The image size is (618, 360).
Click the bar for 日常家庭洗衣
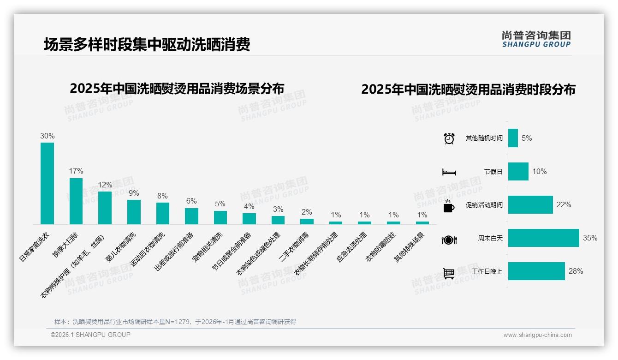(x=47, y=183)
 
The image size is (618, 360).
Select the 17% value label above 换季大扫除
(x=76, y=171)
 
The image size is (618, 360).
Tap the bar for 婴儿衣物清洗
(x=134, y=212)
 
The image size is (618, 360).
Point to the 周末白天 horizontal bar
(x=543, y=238)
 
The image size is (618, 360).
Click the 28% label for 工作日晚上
(x=576, y=271)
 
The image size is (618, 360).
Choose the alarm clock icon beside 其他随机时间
(x=449, y=138)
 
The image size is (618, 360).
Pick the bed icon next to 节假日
(x=449, y=172)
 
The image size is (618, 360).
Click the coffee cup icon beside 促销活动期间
(x=449, y=206)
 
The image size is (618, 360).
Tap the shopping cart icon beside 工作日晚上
(x=449, y=273)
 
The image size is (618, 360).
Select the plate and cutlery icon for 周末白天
(x=449, y=240)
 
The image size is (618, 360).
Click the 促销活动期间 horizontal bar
(x=530, y=205)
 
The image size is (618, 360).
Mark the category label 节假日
(x=493, y=172)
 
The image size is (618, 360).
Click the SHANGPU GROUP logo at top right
(x=536, y=39)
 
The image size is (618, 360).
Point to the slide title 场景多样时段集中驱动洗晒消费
(x=147, y=45)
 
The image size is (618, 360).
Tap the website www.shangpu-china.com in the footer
(x=537, y=335)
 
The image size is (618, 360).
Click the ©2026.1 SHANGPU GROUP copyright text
(x=90, y=335)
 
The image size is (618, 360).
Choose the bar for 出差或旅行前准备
(x=191, y=216)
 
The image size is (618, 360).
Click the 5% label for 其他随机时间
(x=527, y=138)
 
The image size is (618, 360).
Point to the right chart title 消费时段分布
(x=468, y=90)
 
